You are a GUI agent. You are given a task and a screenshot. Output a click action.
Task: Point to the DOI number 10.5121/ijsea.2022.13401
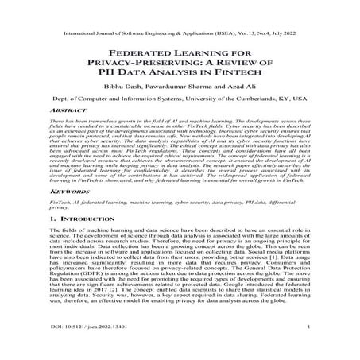76,348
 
